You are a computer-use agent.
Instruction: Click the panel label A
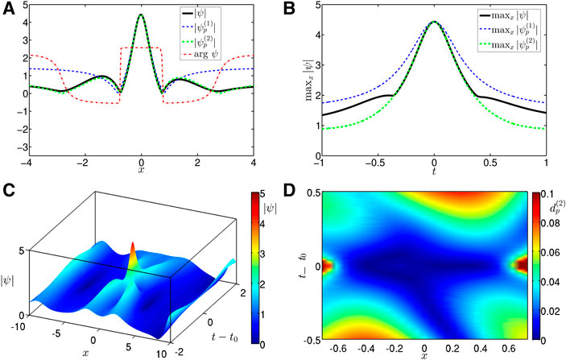coord(7,8)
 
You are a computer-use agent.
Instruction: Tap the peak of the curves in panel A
coord(142,15)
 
